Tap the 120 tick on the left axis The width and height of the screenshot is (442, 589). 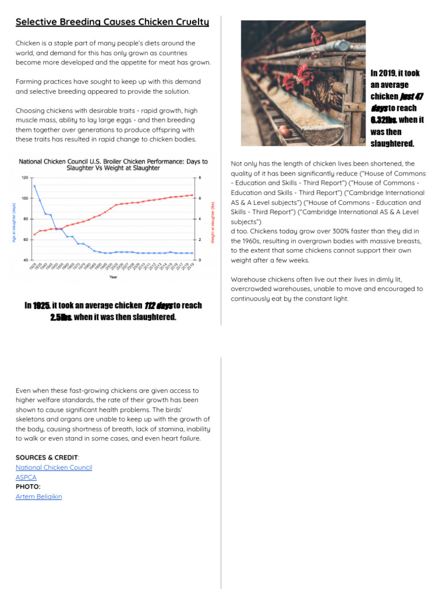tap(25, 178)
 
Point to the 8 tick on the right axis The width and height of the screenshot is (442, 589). tap(200, 178)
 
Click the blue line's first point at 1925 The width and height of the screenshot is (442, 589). tap(35, 186)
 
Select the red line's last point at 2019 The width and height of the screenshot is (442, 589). tap(192, 195)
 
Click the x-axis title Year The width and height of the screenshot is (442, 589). tap(114, 277)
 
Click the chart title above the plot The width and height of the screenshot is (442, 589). tap(113, 165)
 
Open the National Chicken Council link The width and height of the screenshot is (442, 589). tap(54, 468)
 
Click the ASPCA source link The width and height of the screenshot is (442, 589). tap(26, 477)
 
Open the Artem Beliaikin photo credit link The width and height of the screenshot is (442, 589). tap(39, 496)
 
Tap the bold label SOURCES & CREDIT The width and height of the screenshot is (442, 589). tap(47, 458)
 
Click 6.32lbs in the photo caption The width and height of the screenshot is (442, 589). tap(383, 120)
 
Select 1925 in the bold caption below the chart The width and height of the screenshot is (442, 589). tap(41, 305)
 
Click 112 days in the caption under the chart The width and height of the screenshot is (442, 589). tap(158, 305)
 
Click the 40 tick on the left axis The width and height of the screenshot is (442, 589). tap(26, 261)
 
